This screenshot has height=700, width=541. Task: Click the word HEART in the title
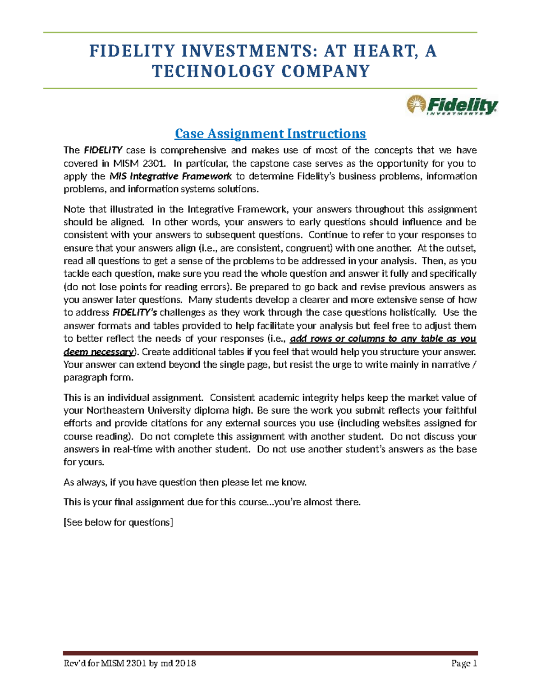[386, 51]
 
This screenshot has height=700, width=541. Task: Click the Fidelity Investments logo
[452, 105]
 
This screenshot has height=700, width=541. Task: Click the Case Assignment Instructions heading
[270, 134]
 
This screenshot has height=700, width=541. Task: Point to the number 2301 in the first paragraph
[151, 163]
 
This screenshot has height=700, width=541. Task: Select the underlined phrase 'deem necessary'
[99, 352]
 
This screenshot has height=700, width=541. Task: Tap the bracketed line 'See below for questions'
[119, 522]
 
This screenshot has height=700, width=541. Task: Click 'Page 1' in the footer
[464, 663]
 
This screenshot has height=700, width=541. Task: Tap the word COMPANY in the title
[326, 72]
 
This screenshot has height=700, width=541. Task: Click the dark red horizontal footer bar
[270, 653]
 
